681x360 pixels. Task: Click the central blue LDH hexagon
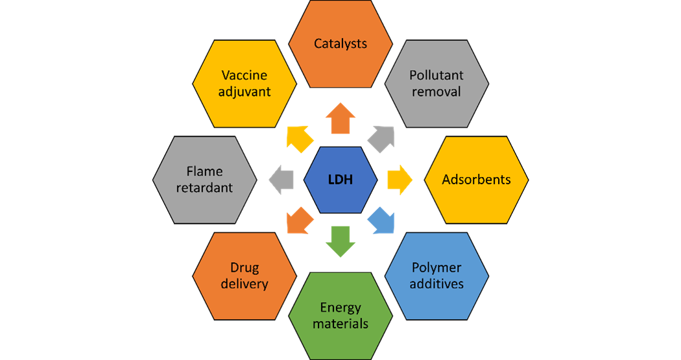(x=340, y=180)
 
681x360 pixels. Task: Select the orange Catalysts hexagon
(x=340, y=44)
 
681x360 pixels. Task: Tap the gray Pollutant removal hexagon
(x=436, y=83)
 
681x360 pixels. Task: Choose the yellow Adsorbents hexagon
(x=476, y=180)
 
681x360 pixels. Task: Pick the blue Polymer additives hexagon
(x=436, y=276)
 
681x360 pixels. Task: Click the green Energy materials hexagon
(x=340, y=315)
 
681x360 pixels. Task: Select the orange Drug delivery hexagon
(x=245, y=276)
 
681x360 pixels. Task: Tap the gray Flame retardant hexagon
(x=204, y=180)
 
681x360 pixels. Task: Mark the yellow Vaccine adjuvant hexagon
(x=245, y=83)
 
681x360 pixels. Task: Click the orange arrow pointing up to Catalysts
(x=340, y=119)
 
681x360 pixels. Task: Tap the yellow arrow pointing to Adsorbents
(x=400, y=180)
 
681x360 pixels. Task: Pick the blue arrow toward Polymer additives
(x=381, y=221)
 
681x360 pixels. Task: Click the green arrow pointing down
(x=340, y=240)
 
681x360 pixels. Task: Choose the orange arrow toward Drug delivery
(x=300, y=221)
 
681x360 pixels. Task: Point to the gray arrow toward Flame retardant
(x=281, y=180)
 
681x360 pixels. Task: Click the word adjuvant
(x=245, y=91)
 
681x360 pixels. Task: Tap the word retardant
(x=204, y=188)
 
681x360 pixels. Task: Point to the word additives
(x=436, y=284)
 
